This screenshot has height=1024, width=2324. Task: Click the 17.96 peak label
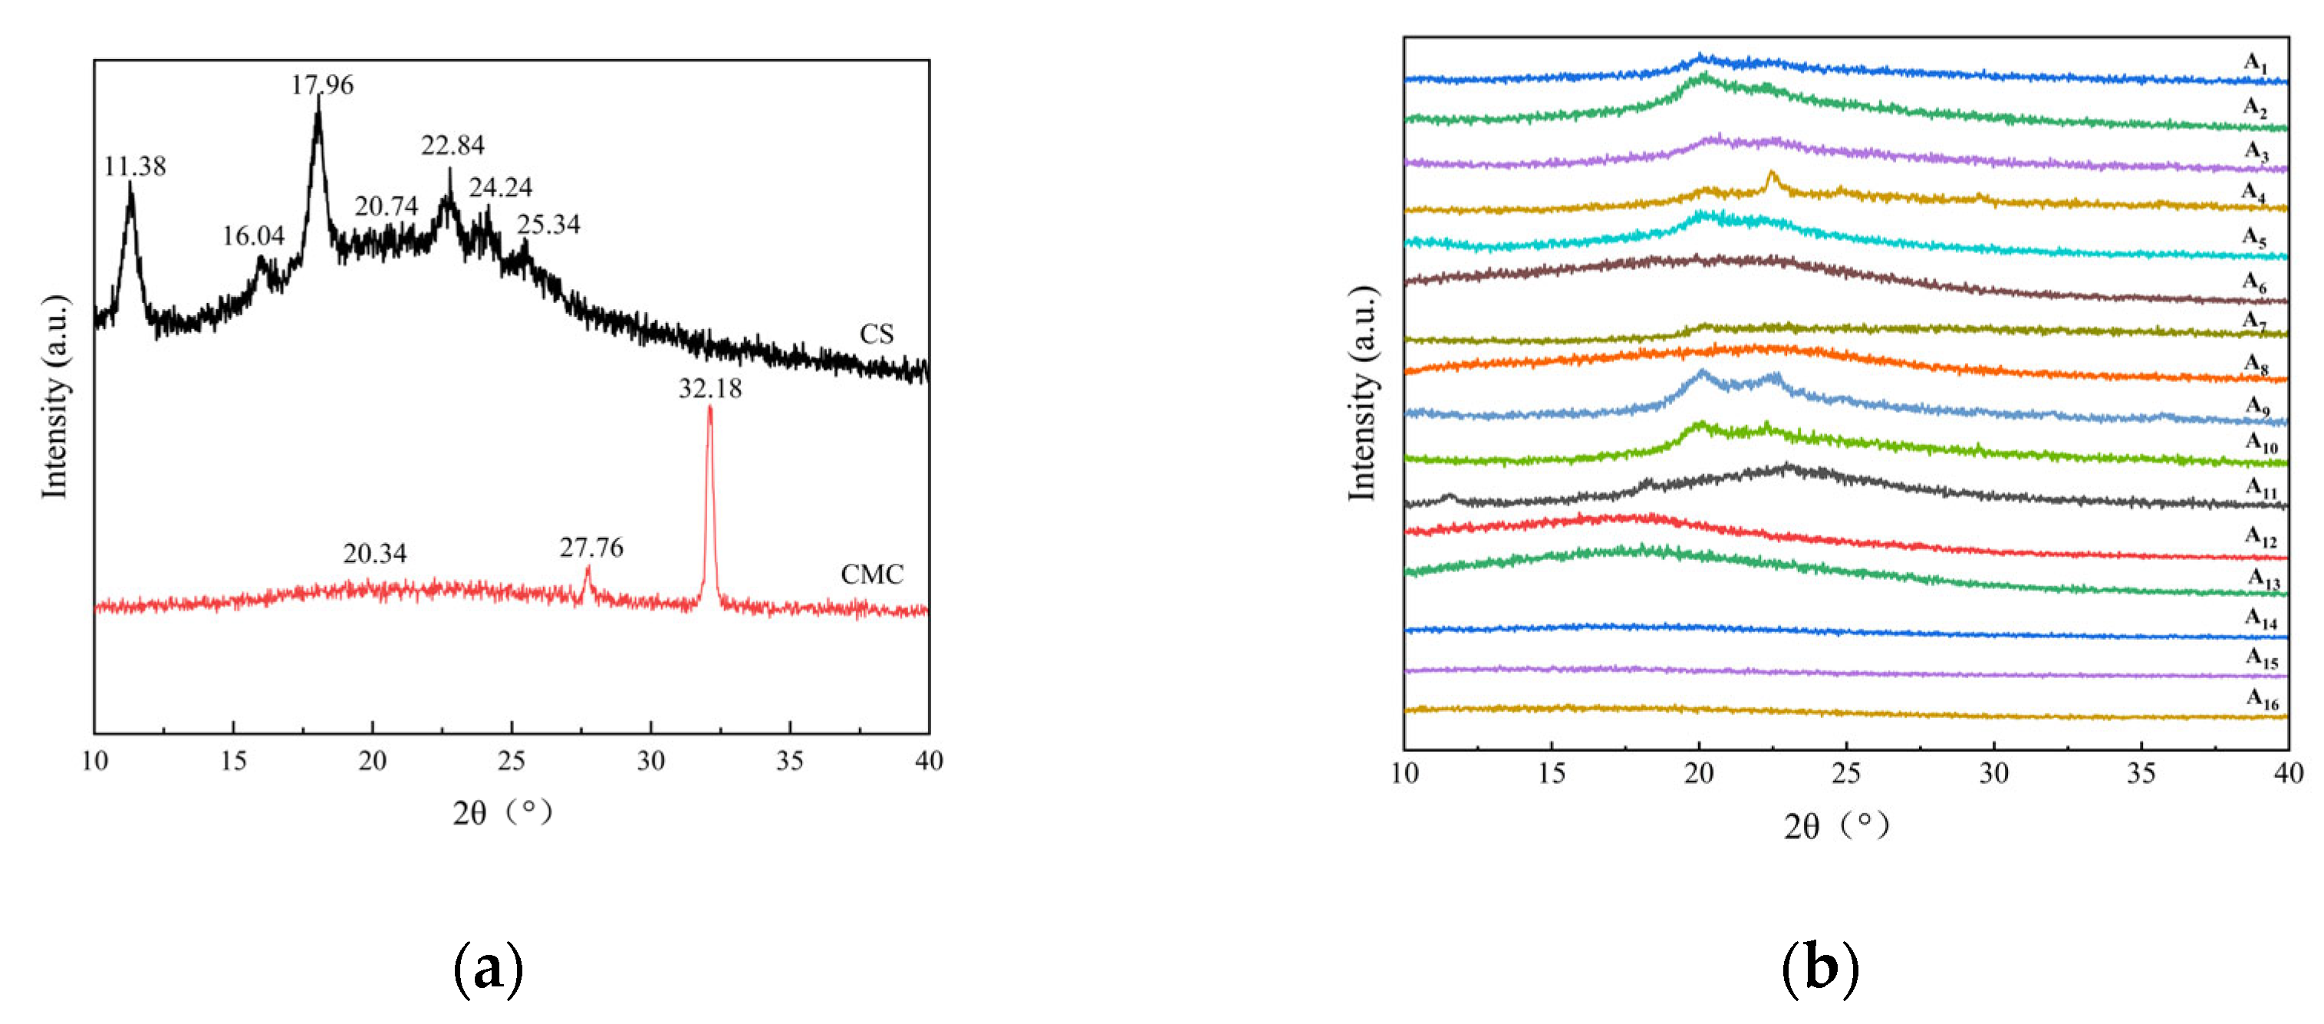(x=322, y=85)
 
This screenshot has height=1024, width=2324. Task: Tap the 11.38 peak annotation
(x=134, y=167)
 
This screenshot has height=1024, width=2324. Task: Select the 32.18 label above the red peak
(x=710, y=389)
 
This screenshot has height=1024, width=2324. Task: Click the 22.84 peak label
(x=452, y=145)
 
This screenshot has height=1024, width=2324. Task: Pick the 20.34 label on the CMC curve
(x=374, y=553)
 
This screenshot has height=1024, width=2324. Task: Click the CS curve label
(x=876, y=334)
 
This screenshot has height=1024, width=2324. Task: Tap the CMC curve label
(x=871, y=575)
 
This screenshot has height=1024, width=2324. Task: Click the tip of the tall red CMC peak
(x=710, y=409)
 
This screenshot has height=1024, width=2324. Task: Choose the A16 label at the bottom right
(x=2262, y=698)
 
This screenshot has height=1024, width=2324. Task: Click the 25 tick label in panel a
(x=511, y=762)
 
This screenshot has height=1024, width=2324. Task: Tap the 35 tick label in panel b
(x=2141, y=773)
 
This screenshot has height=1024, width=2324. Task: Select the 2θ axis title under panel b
(x=1836, y=825)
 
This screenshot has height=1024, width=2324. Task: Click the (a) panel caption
(x=488, y=969)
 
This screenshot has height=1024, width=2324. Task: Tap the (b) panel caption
(x=1819, y=969)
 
